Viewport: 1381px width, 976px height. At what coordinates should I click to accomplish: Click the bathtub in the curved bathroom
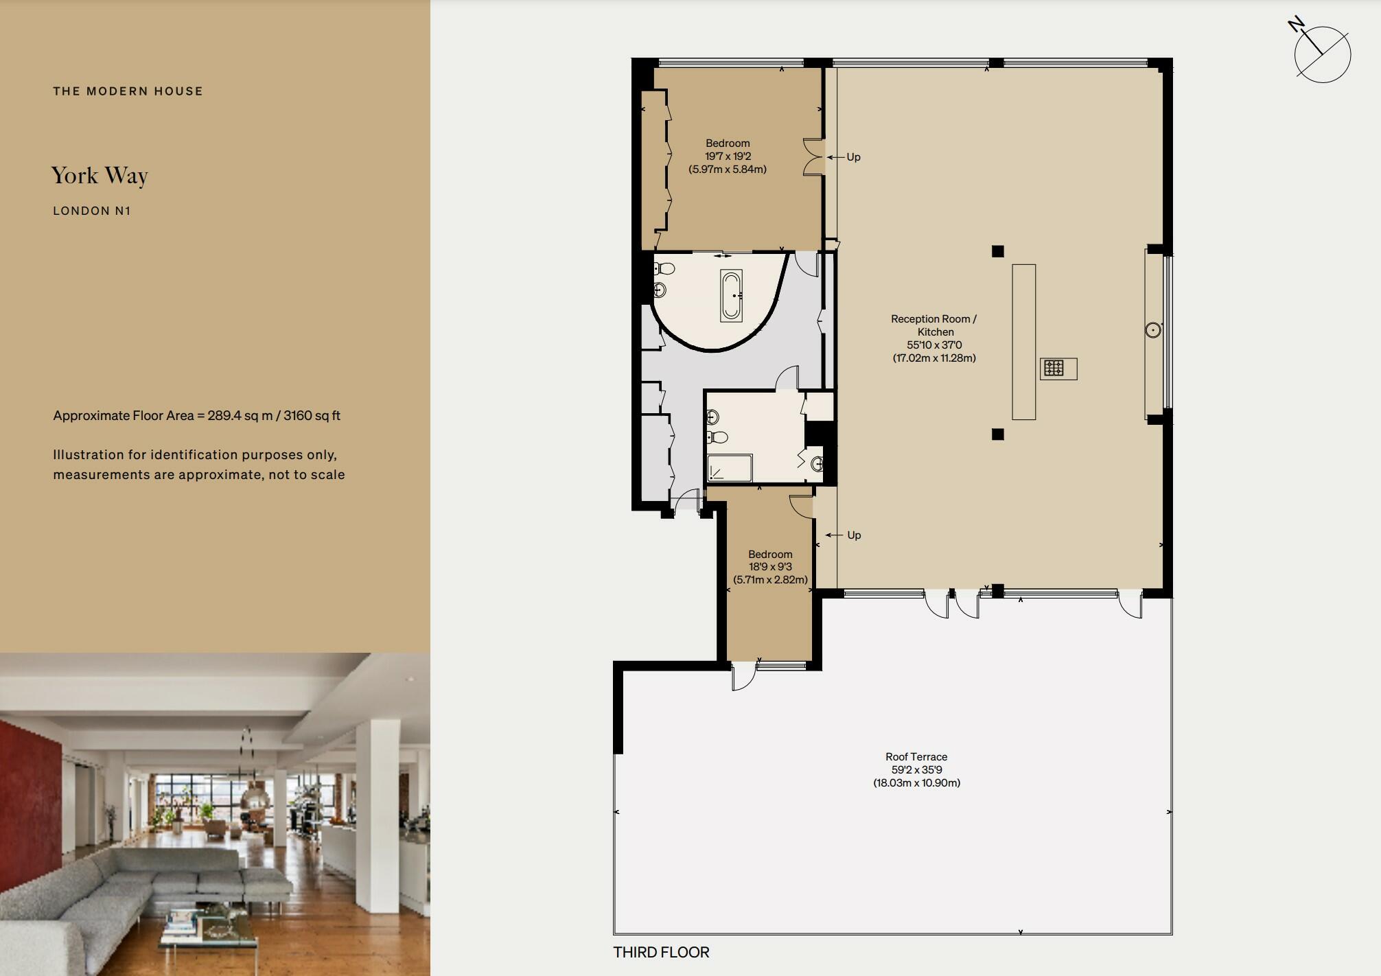[731, 296]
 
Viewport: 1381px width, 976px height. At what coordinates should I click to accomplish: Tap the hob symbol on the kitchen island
[1054, 369]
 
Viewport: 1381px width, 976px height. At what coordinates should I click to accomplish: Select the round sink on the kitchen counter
[1153, 330]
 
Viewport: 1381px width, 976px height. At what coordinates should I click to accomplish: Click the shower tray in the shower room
[730, 468]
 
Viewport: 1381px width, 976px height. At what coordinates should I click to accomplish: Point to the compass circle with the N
[1322, 55]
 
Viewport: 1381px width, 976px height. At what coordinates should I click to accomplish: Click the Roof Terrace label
[916, 757]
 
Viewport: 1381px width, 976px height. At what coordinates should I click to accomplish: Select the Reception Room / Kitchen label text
[933, 325]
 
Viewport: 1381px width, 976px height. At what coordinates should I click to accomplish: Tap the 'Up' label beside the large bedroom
[853, 157]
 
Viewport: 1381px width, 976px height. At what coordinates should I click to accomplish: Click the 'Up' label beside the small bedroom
[854, 535]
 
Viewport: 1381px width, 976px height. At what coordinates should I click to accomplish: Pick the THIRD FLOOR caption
[661, 953]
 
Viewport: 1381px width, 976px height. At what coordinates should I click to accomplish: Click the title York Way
[100, 176]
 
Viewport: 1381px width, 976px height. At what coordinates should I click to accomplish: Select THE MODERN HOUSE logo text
[128, 91]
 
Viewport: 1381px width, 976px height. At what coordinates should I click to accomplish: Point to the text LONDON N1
[91, 211]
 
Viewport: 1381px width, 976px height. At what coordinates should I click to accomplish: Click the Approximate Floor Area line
[196, 416]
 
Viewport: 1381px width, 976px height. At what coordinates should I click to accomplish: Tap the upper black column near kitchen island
[998, 251]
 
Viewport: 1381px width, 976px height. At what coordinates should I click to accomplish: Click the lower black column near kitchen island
[998, 434]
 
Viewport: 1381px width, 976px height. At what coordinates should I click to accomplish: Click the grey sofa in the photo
[137, 885]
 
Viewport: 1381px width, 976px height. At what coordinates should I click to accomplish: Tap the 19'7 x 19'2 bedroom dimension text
[728, 156]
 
